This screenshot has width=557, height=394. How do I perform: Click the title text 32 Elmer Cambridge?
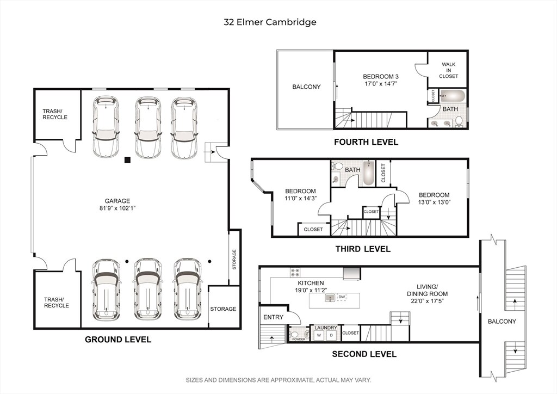click(x=270, y=22)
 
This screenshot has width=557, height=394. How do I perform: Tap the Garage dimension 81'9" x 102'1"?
click(x=117, y=208)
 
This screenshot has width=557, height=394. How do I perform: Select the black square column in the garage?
click(x=127, y=160)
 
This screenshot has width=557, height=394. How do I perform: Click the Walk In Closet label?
click(x=449, y=70)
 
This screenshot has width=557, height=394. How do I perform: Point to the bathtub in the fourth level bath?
click(x=452, y=96)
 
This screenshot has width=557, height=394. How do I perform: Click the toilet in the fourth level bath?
click(x=459, y=121)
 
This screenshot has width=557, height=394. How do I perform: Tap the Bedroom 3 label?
click(x=380, y=76)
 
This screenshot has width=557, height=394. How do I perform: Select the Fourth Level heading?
click(x=366, y=142)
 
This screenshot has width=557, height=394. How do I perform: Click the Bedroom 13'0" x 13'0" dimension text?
click(x=434, y=202)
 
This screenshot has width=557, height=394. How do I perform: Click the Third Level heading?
click(x=363, y=249)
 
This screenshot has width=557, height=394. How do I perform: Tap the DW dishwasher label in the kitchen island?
click(x=342, y=297)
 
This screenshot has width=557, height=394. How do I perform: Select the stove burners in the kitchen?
click(x=295, y=272)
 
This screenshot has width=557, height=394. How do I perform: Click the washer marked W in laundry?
click(x=319, y=335)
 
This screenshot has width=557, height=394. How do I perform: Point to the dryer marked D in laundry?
click(x=332, y=335)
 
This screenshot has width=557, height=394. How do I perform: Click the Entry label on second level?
click(x=273, y=317)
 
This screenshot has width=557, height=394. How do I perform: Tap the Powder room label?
click(x=299, y=339)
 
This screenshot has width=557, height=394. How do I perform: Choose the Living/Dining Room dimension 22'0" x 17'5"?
click(x=427, y=301)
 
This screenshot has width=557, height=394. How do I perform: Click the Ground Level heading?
click(x=118, y=340)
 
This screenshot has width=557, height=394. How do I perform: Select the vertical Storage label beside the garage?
click(x=234, y=260)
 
